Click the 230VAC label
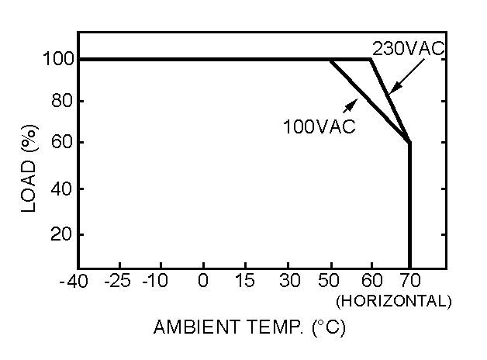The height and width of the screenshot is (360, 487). coord(408,49)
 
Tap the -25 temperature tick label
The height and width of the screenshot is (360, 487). coord(119,282)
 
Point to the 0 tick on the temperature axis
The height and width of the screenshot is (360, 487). coord(203,282)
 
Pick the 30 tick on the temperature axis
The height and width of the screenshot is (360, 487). coord(289,282)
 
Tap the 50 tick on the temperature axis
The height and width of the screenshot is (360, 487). coord(331,282)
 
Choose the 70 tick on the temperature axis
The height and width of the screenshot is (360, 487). coord(409,282)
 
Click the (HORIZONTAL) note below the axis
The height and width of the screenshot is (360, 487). coord(393,300)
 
